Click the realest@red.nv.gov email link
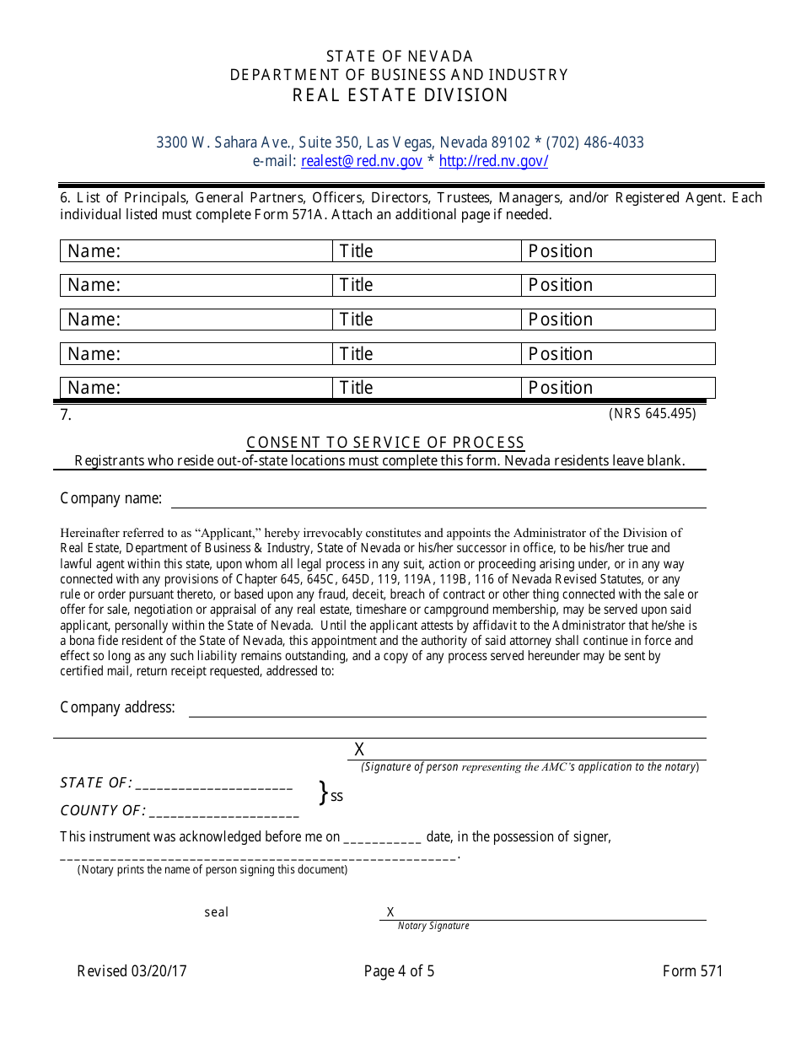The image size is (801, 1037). point(362,162)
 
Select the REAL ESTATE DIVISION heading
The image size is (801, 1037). point(400,95)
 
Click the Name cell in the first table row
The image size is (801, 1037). point(196,251)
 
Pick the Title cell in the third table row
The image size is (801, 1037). point(427,320)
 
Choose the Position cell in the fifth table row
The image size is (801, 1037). point(618,388)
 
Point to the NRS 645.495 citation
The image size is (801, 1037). point(652,414)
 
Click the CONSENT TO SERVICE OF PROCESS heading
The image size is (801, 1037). point(385,443)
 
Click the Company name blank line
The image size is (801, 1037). point(438,499)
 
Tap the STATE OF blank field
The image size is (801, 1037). point(213,784)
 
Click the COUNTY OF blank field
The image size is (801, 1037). point(223,812)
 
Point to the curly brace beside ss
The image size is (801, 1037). point(322,793)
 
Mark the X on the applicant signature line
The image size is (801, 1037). point(359,750)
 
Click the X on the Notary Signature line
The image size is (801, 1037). point(390,912)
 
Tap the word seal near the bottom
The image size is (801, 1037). point(217,912)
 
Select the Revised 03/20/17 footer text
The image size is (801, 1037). point(132,971)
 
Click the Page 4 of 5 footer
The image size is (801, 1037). point(400,971)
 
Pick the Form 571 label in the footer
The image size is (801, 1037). point(692,971)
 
